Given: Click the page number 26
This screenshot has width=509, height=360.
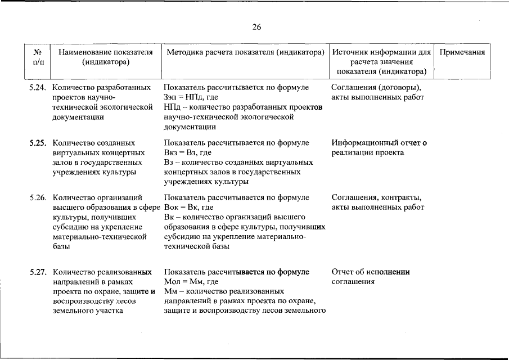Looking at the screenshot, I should click(x=256, y=27).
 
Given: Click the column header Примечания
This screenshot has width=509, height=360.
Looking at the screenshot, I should click(x=462, y=52).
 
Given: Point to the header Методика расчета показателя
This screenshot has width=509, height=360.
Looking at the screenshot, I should click(x=246, y=52).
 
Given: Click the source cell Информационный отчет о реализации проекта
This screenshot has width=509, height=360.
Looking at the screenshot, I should click(x=379, y=147).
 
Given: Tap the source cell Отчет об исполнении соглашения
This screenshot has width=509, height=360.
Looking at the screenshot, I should click(x=370, y=277).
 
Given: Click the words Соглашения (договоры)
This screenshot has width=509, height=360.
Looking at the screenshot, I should click(x=376, y=88).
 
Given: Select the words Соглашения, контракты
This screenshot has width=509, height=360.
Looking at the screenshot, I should click(x=376, y=198).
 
